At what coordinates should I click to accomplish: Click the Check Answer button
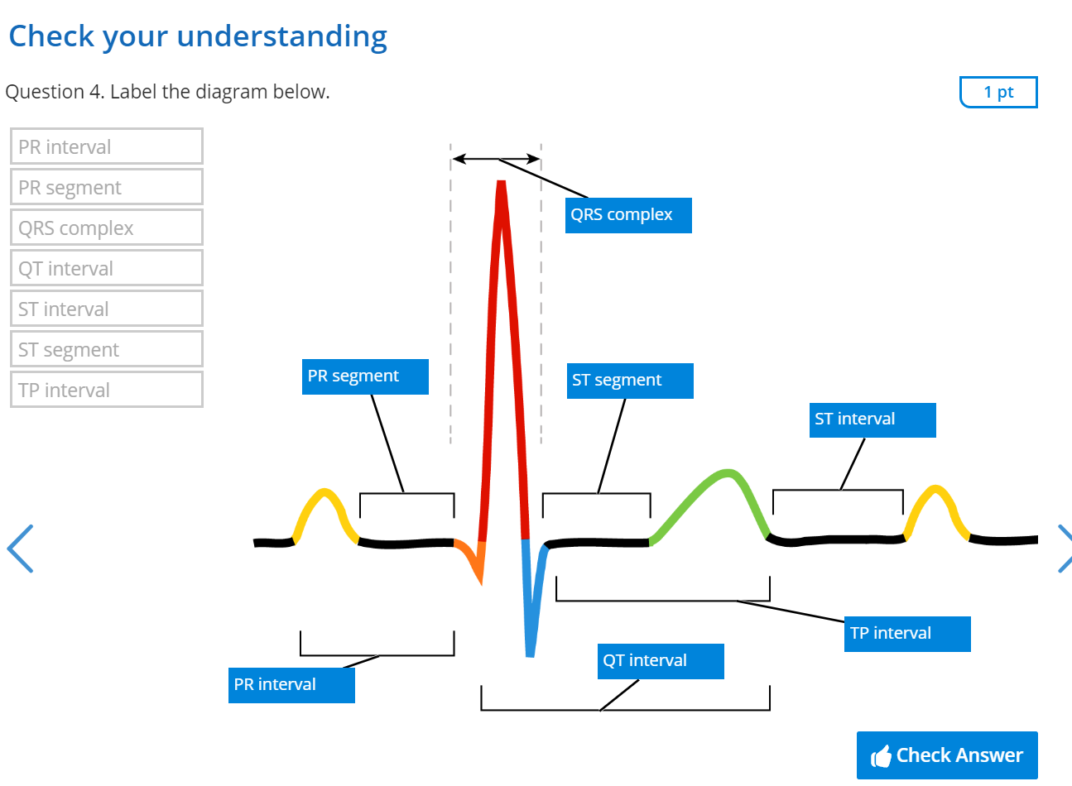(946, 755)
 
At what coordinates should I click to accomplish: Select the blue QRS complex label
(628, 215)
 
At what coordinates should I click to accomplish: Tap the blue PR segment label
(365, 376)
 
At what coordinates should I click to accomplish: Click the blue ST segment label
(630, 381)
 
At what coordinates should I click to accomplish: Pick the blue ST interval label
(873, 419)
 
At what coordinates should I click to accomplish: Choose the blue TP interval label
(907, 634)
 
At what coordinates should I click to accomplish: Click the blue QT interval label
(661, 661)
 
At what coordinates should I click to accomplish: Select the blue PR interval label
(291, 685)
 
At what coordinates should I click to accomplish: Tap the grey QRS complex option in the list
(107, 228)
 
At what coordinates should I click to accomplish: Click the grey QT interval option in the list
(107, 268)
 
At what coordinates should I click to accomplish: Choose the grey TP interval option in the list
(107, 390)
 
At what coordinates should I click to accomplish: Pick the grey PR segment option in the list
(107, 187)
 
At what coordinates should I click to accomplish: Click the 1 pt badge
(998, 92)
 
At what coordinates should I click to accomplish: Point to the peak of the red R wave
(501, 185)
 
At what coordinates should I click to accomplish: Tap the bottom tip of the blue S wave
(530, 654)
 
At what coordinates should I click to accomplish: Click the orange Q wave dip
(474, 561)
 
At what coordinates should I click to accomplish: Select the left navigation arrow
(20, 548)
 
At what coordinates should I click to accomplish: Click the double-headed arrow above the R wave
(496, 158)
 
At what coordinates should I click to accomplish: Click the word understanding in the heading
(281, 36)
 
